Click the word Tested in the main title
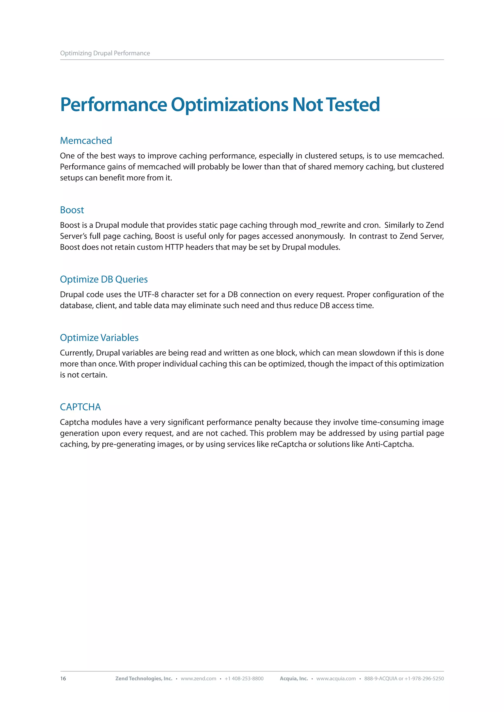pyautogui.click(x=353, y=104)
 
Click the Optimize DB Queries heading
pyautogui.click(x=104, y=279)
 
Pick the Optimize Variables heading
pyautogui.click(x=99, y=338)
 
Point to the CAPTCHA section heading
pyautogui.click(x=80, y=407)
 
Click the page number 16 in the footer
pyautogui.click(x=63, y=679)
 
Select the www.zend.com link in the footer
pyautogui.click(x=198, y=679)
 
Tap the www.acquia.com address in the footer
pyautogui.click(x=336, y=679)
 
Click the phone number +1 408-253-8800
pyautogui.click(x=244, y=679)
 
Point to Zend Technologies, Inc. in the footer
pyautogui.click(x=144, y=679)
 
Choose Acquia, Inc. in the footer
pyautogui.click(x=294, y=679)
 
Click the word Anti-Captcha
pyautogui.click(x=390, y=444)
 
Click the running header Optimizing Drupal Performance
pyautogui.click(x=105, y=53)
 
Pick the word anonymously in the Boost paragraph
pyautogui.click(x=320, y=236)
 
